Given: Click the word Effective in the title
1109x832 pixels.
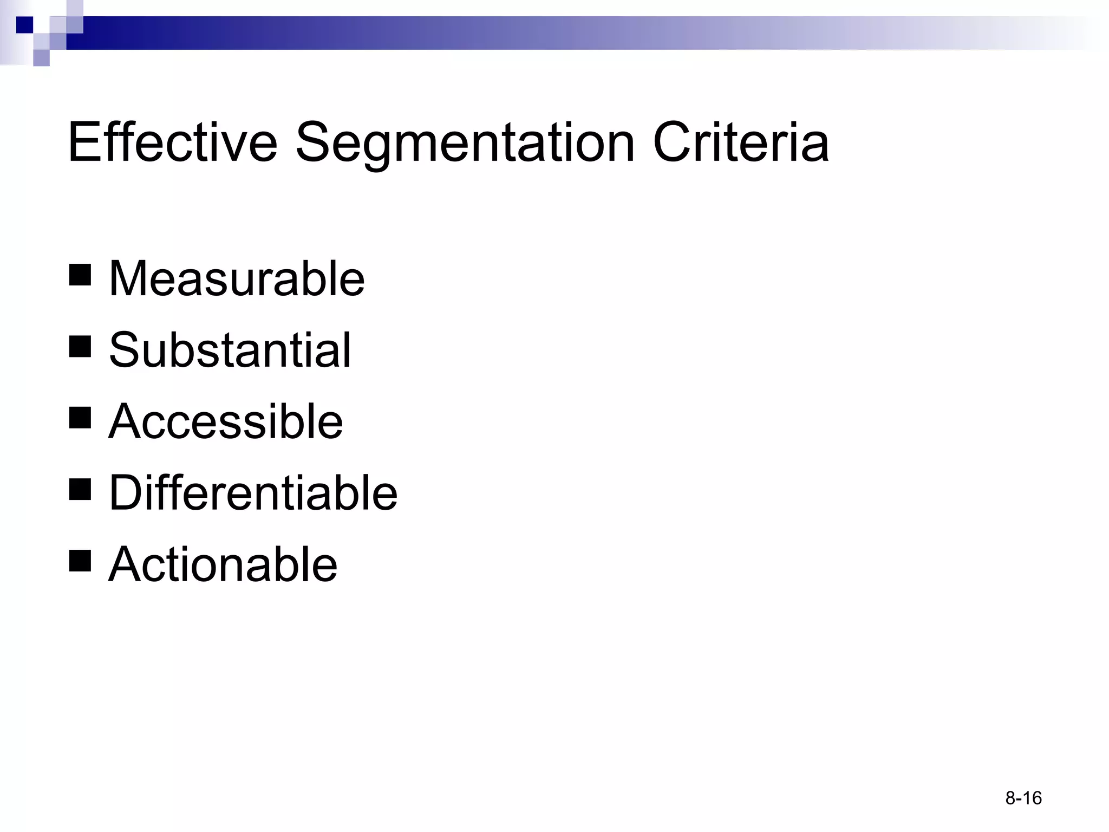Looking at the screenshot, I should pyautogui.click(x=172, y=142).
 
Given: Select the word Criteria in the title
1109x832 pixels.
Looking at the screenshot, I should pyautogui.click(x=741, y=142).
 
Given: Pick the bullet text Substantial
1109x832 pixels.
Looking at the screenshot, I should pyautogui.click(x=230, y=350).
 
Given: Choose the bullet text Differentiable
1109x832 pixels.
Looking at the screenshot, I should pyautogui.click(x=253, y=493).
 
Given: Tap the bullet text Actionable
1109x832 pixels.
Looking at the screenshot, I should pyautogui.click(x=223, y=564).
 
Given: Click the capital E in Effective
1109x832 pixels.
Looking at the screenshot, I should pyautogui.click(x=84, y=142).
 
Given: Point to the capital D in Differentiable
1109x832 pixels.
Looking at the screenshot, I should pyautogui.click(x=126, y=493).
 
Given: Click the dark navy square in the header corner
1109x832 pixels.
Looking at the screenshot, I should pyautogui.click(x=24, y=25).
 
